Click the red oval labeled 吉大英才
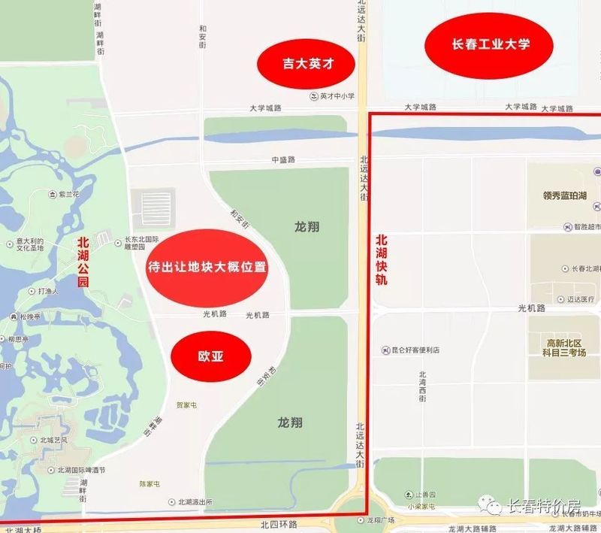click(x=297, y=65)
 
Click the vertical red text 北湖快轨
click(x=382, y=260)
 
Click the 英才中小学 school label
click(x=335, y=96)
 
